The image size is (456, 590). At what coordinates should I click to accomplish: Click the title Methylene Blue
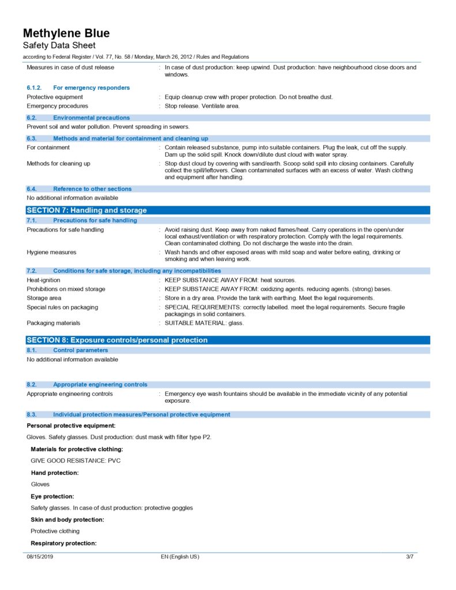[x=66, y=33]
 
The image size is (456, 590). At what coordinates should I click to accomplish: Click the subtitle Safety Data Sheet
[x=59, y=46]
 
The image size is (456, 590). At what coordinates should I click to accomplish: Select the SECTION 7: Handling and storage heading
[x=86, y=210]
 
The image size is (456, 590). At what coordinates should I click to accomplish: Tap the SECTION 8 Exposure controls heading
[x=117, y=340]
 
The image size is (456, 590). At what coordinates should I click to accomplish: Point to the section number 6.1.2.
[x=35, y=88]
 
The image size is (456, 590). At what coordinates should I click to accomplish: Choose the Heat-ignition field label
[x=43, y=280]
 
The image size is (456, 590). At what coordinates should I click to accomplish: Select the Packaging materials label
[x=54, y=323]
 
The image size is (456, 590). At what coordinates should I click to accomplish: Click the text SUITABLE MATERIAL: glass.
[x=204, y=323]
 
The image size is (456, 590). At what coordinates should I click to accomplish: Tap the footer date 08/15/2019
[x=40, y=557]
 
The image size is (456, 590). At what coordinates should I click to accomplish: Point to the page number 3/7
[x=410, y=557]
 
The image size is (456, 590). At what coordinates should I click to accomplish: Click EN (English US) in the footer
[x=180, y=557]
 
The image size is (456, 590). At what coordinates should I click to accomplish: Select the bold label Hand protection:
[x=55, y=472]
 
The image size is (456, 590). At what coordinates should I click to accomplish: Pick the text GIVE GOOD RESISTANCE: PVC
[x=76, y=461]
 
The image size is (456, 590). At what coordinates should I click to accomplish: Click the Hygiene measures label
[x=51, y=252]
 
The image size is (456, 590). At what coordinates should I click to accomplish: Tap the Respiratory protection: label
[x=63, y=543]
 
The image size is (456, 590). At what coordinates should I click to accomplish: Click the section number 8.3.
[x=32, y=414]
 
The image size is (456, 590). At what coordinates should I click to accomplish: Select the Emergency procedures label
[x=57, y=106]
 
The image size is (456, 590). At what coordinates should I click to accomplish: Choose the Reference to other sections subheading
[x=92, y=188]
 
